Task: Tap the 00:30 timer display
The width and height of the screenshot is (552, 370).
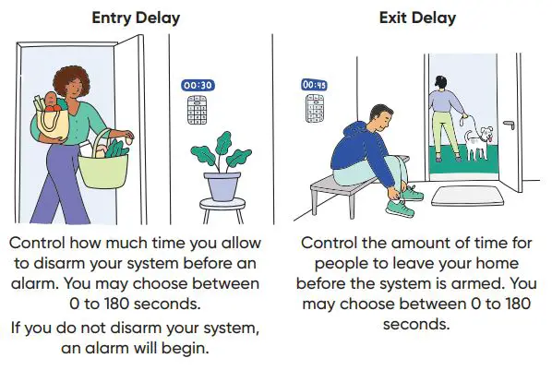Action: coord(198,86)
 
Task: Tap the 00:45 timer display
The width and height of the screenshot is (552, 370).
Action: coord(315,85)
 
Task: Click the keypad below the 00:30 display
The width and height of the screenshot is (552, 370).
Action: coord(198,112)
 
